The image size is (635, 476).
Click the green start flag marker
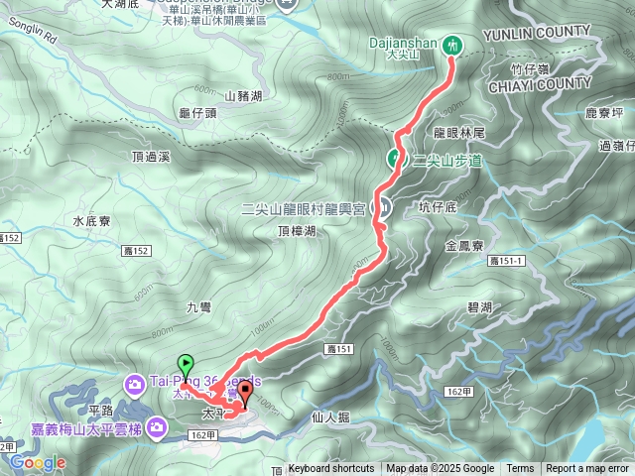click(184, 364)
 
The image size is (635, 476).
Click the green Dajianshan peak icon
click(452, 45)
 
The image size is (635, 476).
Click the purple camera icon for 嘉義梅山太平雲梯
click(156, 428)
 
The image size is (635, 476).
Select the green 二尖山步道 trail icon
click(394, 159)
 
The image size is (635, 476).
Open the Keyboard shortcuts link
click(331, 469)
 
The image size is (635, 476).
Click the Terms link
click(520, 469)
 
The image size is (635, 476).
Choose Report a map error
click(587, 469)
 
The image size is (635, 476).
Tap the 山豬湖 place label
click(243, 96)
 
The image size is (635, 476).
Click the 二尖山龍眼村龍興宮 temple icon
click(384, 207)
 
